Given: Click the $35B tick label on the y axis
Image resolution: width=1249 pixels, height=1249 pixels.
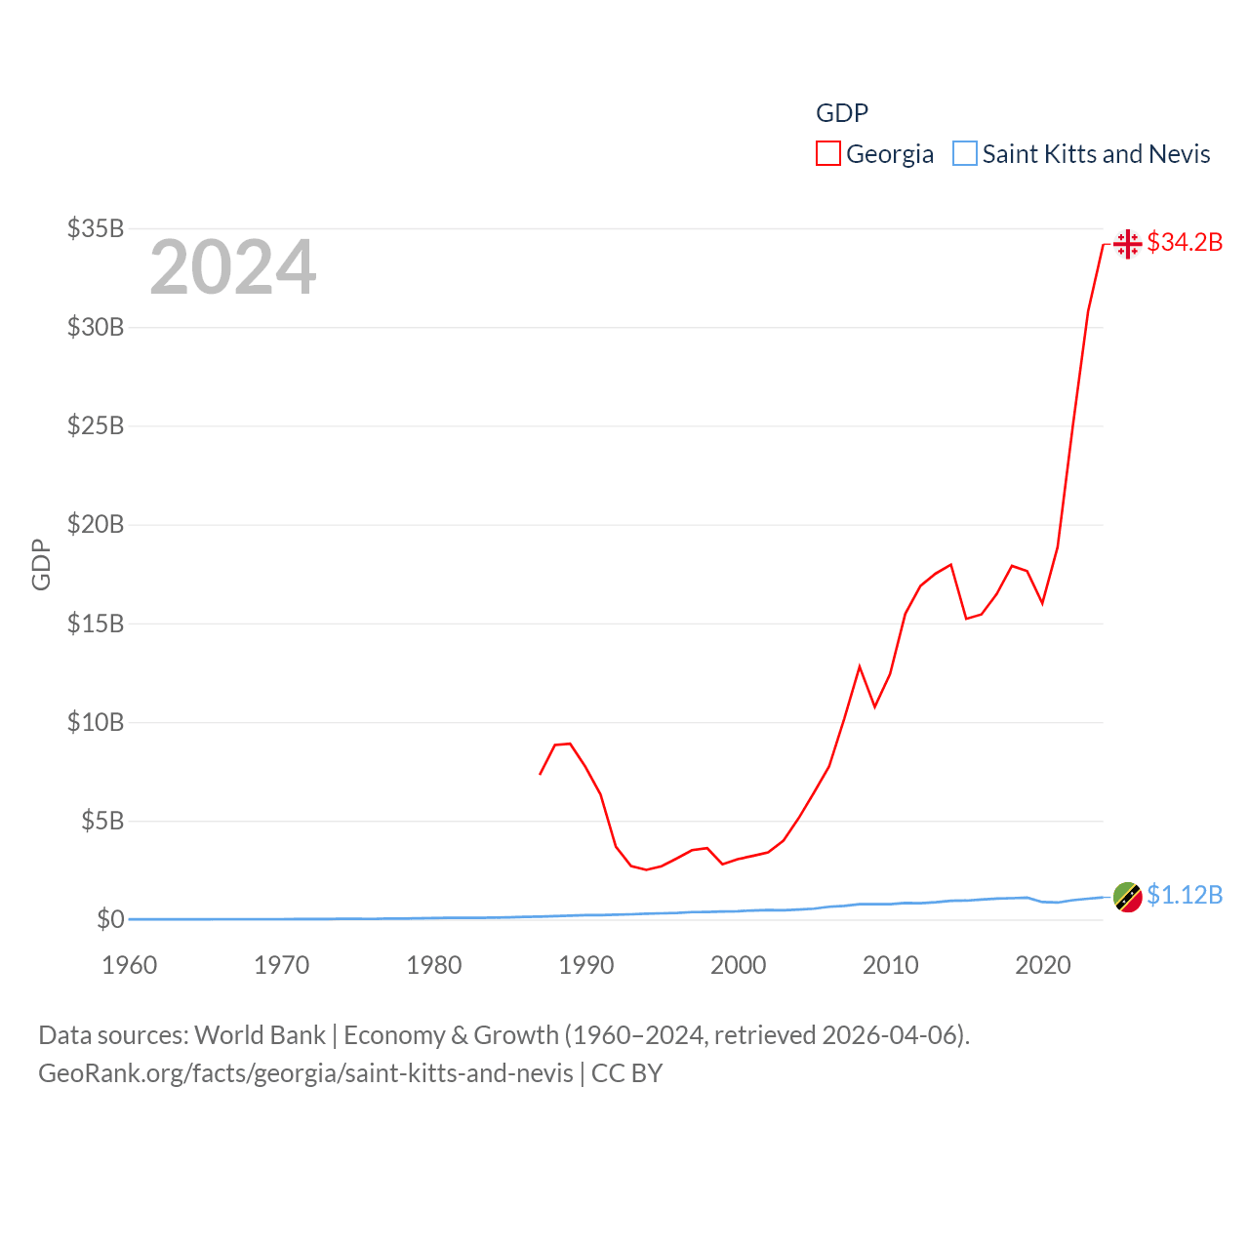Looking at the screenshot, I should (x=95, y=228).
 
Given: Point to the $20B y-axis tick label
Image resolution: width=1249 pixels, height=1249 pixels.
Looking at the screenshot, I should (x=95, y=524).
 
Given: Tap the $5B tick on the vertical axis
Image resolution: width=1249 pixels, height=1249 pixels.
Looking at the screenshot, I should (x=101, y=821).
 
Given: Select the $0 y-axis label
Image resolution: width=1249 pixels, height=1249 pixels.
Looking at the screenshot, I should (x=110, y=919).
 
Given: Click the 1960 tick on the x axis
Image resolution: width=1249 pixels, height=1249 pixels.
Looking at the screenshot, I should (x=129, y=965).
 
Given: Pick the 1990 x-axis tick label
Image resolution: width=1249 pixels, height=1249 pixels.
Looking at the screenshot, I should (x=585, y=965).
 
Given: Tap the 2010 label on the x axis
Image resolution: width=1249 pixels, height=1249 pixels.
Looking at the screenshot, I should (x=890, y=965).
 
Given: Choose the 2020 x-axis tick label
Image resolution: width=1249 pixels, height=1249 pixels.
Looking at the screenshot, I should (x=1042, y=965).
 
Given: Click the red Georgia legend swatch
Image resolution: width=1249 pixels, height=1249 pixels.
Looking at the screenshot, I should (x=828, y=154).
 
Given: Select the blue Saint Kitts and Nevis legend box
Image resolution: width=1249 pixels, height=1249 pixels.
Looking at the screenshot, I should (x=965, y=154).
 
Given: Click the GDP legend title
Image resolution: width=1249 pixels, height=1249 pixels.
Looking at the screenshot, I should (x=841, y=113).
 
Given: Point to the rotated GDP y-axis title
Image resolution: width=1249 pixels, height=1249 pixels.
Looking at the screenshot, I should (x=41, y=564).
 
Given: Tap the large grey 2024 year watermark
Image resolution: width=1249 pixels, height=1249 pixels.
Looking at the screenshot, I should (x=232, y=267).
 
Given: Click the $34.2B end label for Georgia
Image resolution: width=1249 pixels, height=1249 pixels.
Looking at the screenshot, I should (x=1185, y=242).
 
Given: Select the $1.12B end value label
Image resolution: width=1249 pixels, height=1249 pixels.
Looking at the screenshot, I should (x=1185, y=895).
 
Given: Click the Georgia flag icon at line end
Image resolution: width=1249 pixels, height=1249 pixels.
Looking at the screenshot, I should (x=1128, y=243).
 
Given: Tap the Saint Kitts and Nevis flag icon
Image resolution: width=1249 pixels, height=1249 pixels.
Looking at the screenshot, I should (x=1128, y=897).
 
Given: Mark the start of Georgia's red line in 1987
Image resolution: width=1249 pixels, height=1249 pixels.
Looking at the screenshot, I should (x=540, y=774).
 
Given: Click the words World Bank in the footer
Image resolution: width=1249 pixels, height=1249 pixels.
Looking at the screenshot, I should (x=260, y=1034).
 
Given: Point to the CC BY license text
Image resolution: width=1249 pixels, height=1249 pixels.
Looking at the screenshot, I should (x=626, y=1073).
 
